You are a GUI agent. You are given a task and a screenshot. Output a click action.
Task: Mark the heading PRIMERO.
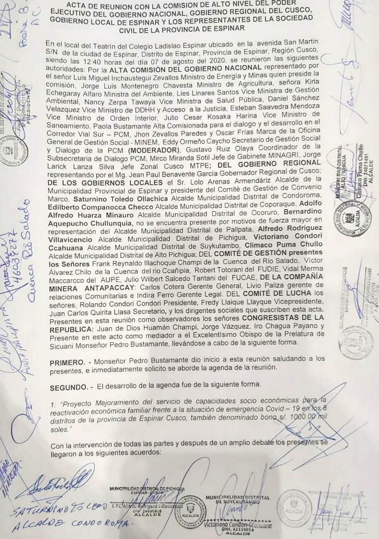pyautogui.click(x=67, y=358)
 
